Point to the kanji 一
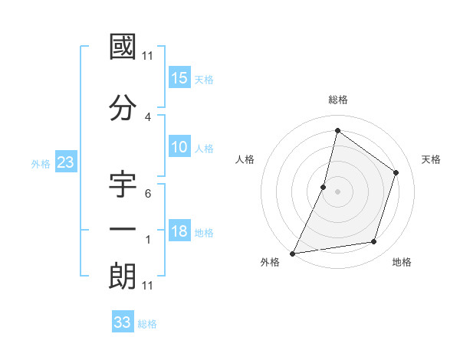(x=123, y=230)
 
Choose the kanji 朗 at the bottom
(x=123, y=276)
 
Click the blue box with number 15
(x=179, y=78)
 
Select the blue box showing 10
(x=179, y=148)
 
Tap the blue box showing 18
(x=179, y=232)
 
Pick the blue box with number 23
(x=65, y=163)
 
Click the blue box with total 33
(x=123, y=322)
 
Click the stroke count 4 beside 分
(x=148, y=116)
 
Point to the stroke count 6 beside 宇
(x=148, y=193)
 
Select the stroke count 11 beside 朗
(x=148, y=286)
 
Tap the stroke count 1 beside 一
(x=148, y=240)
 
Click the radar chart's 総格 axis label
(x=338, y=100)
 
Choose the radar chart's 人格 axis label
(x=245, y=159)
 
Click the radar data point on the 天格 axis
(x=396, y=172)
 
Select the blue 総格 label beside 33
(x=147, y=324)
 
